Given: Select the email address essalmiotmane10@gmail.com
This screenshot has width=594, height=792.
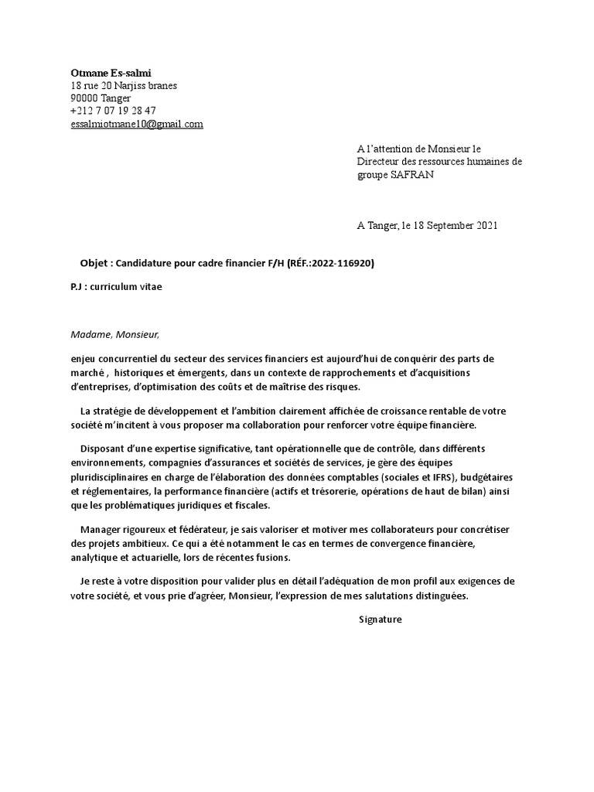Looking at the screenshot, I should pyautogui.click(x=137, y=124).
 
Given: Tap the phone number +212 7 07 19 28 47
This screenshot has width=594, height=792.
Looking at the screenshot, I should pyautogui.click(x=113, y=111).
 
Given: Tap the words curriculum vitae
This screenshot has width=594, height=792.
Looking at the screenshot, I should pyautogui.click(x=127, y=287).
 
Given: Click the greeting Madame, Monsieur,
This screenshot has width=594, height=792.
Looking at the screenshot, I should pyautogui.click(x=114, y=335).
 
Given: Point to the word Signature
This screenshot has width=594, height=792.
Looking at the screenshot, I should pyautogui.click(x=381, y=620).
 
